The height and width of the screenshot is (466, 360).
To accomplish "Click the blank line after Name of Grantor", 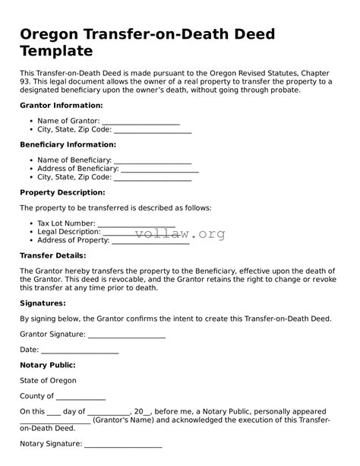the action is tap(141, 122).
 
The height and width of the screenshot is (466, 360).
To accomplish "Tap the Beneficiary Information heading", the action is tap(68, 144).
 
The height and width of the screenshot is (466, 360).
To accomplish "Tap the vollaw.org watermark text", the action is tap(180, 234).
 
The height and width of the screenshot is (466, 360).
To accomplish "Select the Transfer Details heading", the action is tap(52, 255).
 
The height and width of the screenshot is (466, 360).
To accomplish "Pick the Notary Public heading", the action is tap(48, 365).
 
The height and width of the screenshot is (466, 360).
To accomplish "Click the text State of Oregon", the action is tap(48, 380).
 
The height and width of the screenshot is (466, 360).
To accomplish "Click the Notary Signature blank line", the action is tap(123, 445).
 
